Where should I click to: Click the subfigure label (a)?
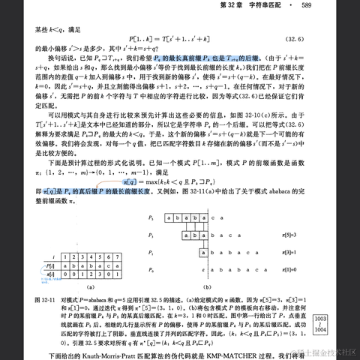pos(70,286)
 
